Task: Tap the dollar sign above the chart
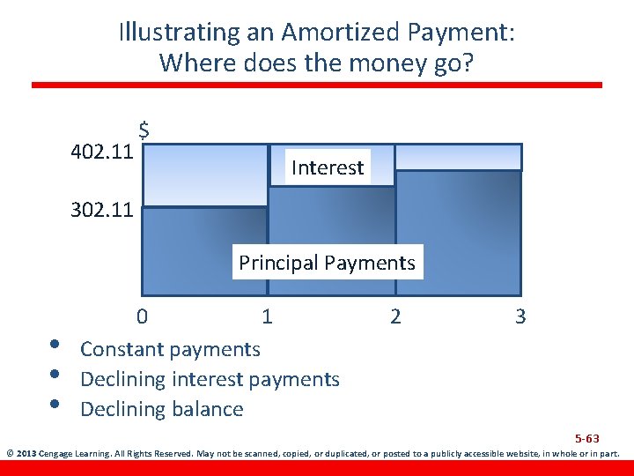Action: tap(143, 130)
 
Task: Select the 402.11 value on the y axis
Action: tap(101, 151)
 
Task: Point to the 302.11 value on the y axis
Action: tap(101, 210)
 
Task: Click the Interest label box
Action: tap(328, 167)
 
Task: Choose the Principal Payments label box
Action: tap(327, 263)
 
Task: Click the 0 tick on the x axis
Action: tap(142, 316)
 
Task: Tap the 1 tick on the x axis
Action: tap(267, 316)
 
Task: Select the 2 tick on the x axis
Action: tap(395, 316)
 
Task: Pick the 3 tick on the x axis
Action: tap(520, 316)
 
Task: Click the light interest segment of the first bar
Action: tap(204, 175)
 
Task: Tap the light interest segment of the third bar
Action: tap(458, 157)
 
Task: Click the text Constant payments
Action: tap(170, 349)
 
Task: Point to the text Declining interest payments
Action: tap(210, 379)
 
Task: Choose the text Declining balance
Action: tap(161, 409)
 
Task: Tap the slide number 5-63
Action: tap(586, 438)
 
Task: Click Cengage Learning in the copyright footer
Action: tap(74, 454)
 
